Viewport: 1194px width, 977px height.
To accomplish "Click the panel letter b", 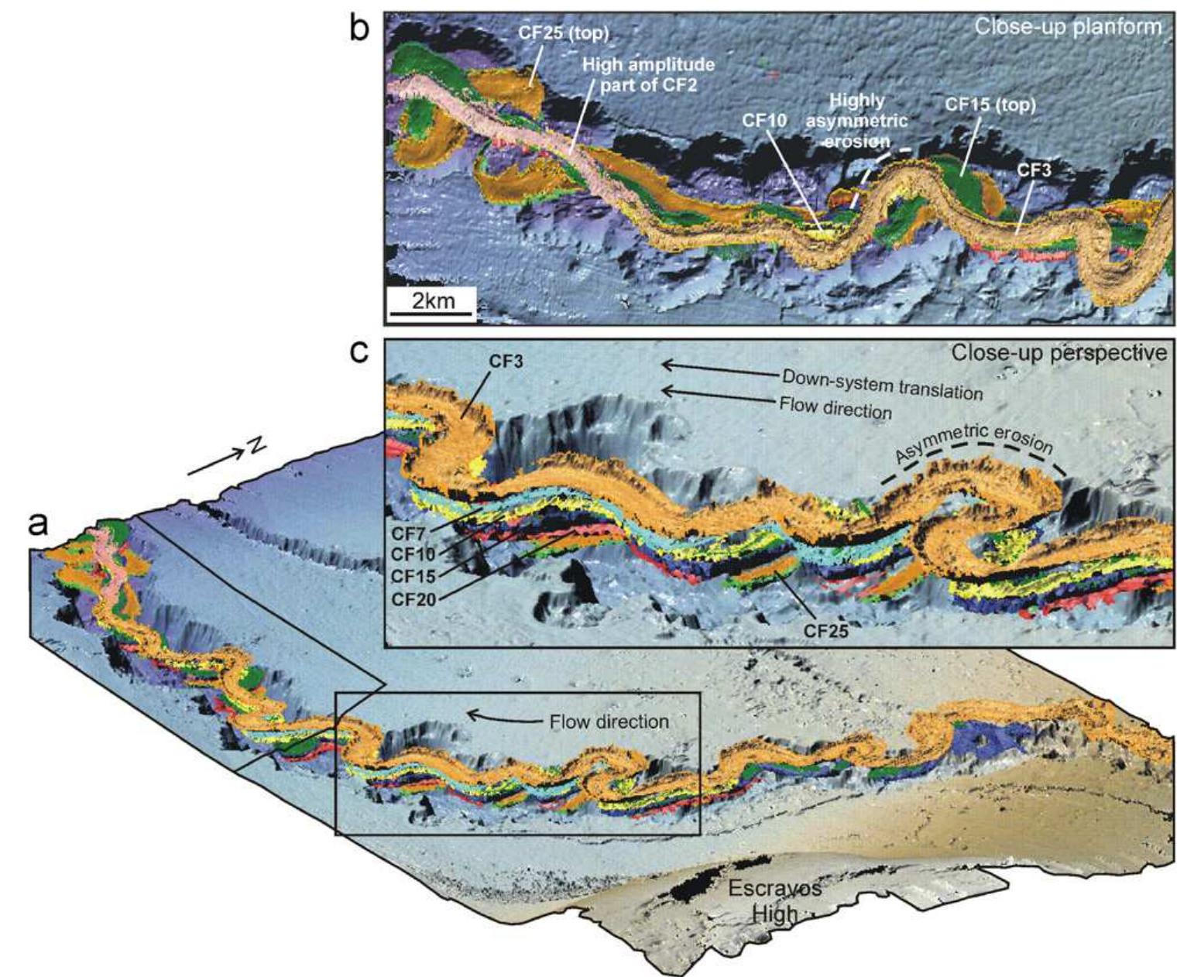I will point(359,29).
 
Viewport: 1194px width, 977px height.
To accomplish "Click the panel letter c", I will point(359,352).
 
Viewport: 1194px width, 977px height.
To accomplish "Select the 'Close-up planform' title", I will point(1068,27).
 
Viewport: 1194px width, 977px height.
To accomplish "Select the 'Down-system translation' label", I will point(882,384).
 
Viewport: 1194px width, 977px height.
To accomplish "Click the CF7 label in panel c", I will point(408,533).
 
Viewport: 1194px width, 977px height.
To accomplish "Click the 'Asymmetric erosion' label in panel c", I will point(974,451).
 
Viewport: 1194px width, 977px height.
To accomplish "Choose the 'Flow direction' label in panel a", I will point(609,722).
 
